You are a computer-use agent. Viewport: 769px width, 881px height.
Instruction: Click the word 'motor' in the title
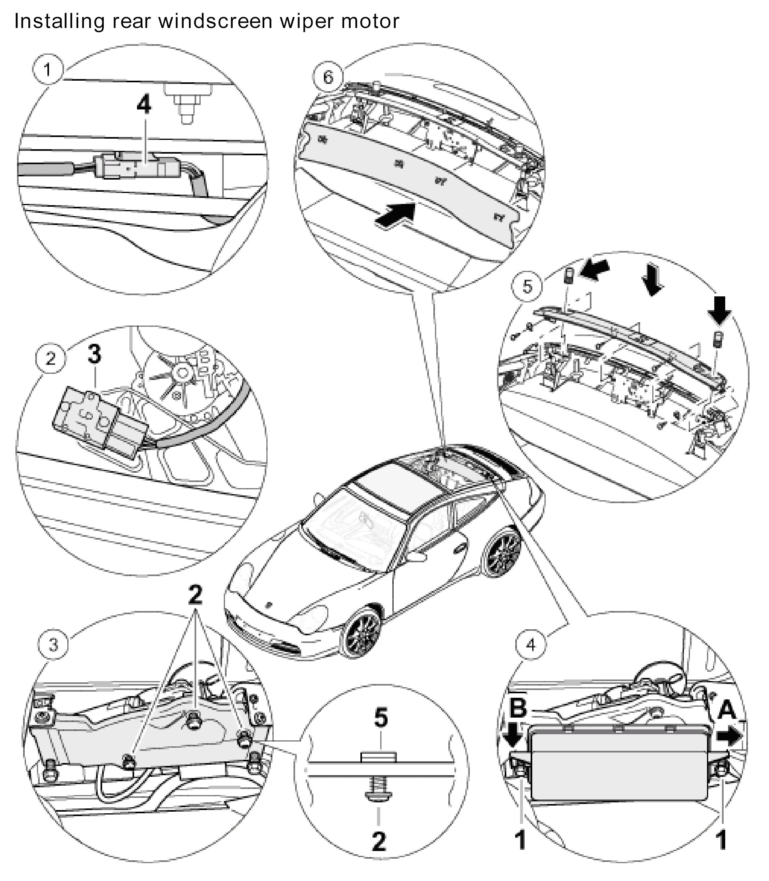point(370,21)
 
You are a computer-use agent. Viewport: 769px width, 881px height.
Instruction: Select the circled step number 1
point(48,69)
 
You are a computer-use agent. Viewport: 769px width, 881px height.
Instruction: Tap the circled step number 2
point(51,358)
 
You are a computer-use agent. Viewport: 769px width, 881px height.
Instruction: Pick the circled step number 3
point(53,656)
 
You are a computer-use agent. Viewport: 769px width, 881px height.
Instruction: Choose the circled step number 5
point(527,286)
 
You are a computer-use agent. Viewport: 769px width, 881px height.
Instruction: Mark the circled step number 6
point(328,77)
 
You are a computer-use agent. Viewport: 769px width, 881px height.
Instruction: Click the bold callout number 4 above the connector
point(144,105)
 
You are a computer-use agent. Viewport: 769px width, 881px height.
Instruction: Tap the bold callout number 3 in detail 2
point(94,354)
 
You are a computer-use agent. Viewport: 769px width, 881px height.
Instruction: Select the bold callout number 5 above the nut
point(381,718)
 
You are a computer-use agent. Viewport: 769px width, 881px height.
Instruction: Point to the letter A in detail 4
point(727,710)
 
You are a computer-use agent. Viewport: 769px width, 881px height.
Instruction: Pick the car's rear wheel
point(503,552)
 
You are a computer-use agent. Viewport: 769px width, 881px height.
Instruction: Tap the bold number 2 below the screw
point(379,842)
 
